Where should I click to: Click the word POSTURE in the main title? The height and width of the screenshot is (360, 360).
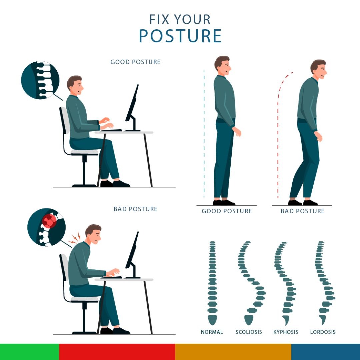click(180, 36)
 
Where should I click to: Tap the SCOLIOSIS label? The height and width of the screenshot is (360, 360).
click(249, 332)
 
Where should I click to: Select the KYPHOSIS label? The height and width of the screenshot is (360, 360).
click(286, 332)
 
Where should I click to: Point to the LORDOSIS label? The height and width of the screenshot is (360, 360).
click(323, 332)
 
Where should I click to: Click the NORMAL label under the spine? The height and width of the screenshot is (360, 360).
click(212, 332)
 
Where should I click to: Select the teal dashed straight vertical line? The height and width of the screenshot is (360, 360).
click(204, 134)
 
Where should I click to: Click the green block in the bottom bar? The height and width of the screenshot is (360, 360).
click(29, 352)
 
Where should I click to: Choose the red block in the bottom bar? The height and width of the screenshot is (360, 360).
click(117, 352)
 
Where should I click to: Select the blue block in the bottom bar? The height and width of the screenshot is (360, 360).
click(326, 352)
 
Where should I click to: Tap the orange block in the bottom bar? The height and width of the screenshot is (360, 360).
click(233, 352)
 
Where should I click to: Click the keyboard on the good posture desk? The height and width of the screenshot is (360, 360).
click(111, 130)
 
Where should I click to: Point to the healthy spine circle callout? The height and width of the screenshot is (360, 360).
click(40, 80)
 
